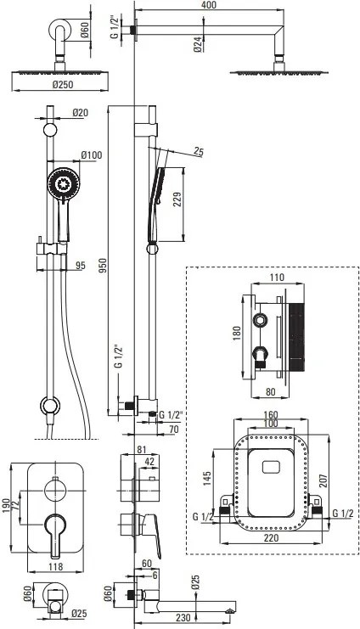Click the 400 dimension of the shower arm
[208, 5]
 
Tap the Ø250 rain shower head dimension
[59, 85]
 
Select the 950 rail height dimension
[103, 266]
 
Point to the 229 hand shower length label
[177, 200]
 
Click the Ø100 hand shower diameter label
[92, 154]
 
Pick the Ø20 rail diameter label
[81, 113]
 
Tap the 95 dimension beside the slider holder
[81, 265]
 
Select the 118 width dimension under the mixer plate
[55, 566]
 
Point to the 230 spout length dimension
[179, 617]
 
